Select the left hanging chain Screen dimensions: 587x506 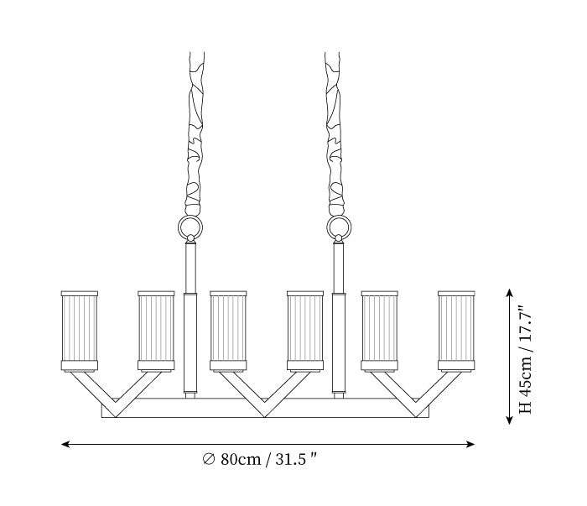coord(195,134)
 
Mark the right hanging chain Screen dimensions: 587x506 coord(333,134)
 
